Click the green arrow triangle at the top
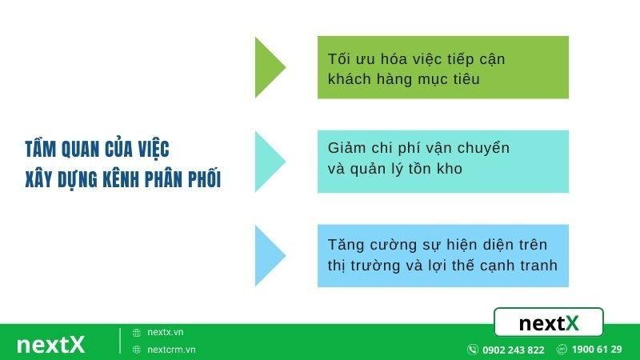pos(267,67)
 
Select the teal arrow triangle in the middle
pos(267,162)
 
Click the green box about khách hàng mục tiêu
pos(442,67)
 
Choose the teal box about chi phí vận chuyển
pos(442,162)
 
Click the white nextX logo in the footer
pos(50,344)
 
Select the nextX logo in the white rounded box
pos(549,323)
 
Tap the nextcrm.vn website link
pos(171,350)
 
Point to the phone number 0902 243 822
pos(513,350)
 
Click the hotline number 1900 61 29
pos(597,350)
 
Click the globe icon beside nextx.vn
pos(137,332)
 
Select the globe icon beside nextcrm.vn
pos(137,350)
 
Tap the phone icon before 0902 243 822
pos(473,350)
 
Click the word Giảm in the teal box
pos(346,148)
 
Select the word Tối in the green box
pos(340,59)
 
